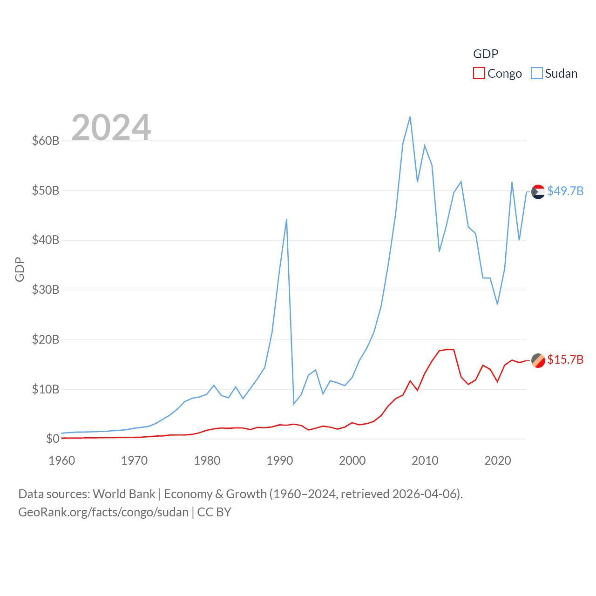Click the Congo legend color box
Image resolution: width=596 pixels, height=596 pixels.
click(479, 74)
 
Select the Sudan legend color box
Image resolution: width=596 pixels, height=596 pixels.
click(537, 74)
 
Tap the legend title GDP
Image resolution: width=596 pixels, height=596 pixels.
click(486, 54)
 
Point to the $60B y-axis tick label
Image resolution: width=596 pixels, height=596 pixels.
click(46, 141)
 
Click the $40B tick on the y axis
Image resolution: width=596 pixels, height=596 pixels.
click(46, 240)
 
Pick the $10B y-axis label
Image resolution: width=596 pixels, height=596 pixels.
click(46, 389)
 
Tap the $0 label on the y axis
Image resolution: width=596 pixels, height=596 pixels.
click(53, 439)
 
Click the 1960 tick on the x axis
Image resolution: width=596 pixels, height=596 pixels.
click(62, 461)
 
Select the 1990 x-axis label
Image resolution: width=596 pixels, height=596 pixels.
click(279, 461)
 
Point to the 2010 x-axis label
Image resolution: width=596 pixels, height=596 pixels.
click(425, 461)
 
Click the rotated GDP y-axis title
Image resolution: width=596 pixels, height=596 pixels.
click(20, 269)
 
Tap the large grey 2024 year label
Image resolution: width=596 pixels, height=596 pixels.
click(111, 127)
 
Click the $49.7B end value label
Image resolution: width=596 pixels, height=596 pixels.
click(565, 191)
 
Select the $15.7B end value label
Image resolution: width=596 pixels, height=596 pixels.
click(565, 359)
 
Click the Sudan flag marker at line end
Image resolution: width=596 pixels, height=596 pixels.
click(538, 192)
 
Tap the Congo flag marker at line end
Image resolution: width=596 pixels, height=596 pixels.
click(538, 360)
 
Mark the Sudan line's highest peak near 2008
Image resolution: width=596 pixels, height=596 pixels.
click(410, 117)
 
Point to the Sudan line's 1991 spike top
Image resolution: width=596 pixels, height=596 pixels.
click(286, 219)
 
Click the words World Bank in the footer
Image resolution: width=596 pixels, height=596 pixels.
click(124, 494)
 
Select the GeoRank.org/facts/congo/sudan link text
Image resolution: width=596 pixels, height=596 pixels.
click(103, 512)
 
